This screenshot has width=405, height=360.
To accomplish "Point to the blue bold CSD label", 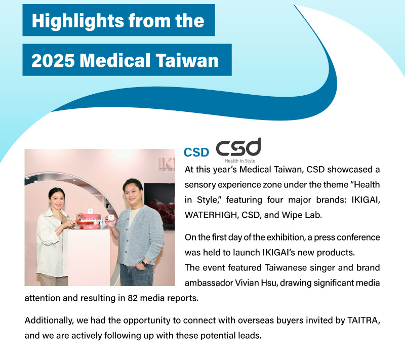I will coord(196,152).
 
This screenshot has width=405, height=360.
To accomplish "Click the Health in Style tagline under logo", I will coord(240,161).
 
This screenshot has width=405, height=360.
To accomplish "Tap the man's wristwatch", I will coord(145,264).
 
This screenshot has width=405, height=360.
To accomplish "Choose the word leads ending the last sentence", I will coord(251,335).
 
